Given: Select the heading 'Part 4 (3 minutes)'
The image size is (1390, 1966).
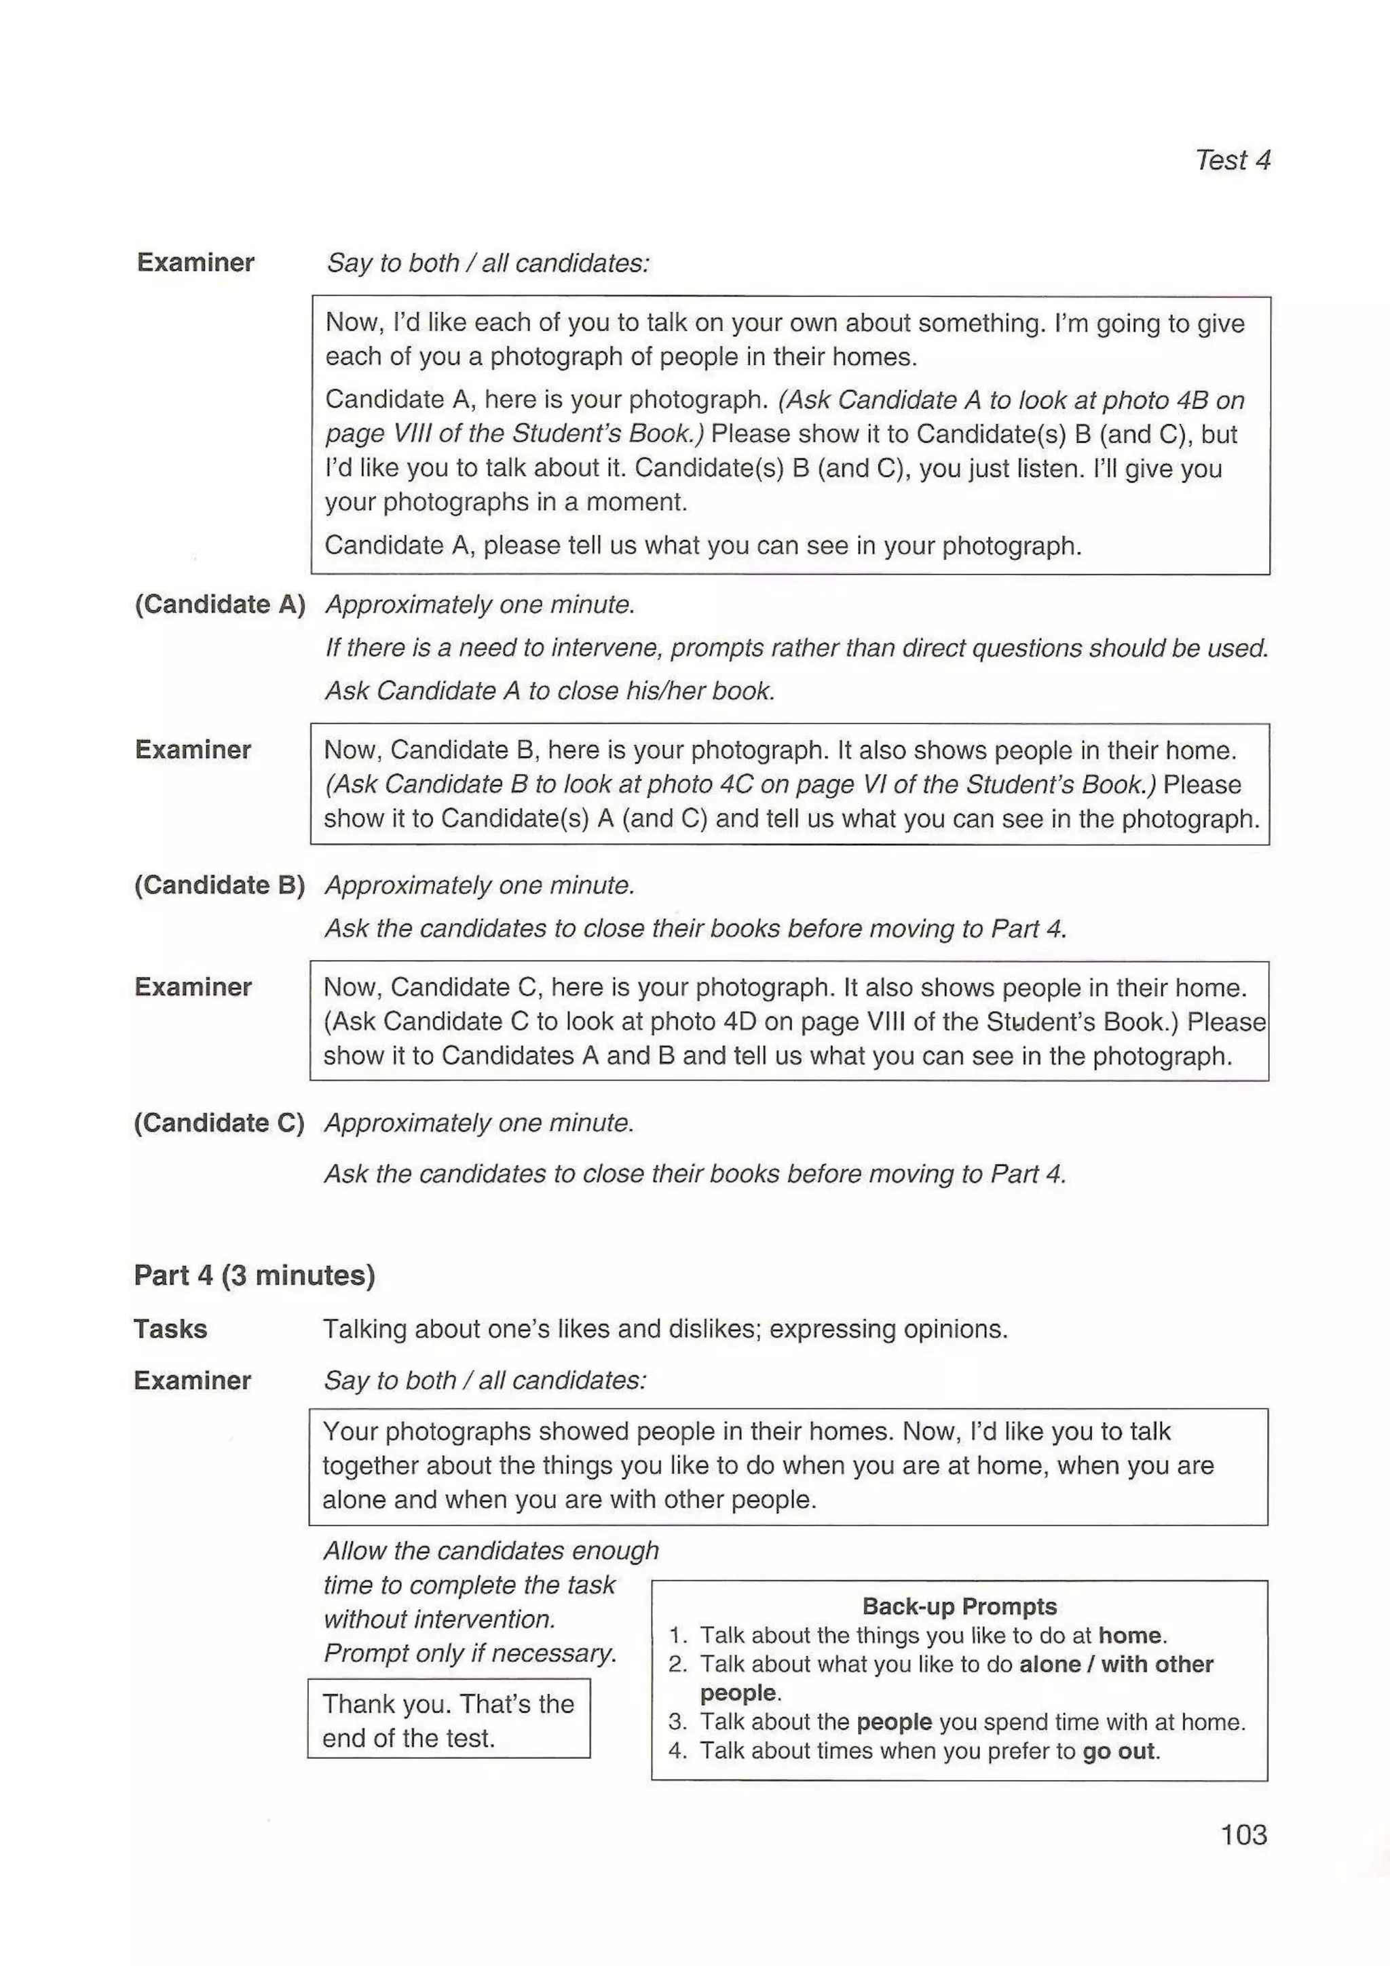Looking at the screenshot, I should point(255,1275).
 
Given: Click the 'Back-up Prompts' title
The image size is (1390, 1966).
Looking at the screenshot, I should point(959,1606).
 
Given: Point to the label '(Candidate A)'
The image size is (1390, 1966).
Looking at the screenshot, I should point(220,604).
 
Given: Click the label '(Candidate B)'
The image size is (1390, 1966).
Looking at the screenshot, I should point(220,885).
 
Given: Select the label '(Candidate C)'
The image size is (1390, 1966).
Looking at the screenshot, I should point(219,1123).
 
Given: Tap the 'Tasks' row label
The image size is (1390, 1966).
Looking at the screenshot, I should point(170,1329).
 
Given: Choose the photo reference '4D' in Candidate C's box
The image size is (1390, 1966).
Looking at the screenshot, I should point(728,1022).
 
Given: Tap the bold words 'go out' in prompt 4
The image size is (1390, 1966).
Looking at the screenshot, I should point(1118,1751).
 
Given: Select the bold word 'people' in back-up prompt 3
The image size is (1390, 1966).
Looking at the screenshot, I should point(893,1722).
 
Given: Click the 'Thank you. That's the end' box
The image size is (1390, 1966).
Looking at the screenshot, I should point(449,1721).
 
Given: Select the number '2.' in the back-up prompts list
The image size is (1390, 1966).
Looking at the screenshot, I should point(678,1665).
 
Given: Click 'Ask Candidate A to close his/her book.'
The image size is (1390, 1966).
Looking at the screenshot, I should point(550,691).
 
